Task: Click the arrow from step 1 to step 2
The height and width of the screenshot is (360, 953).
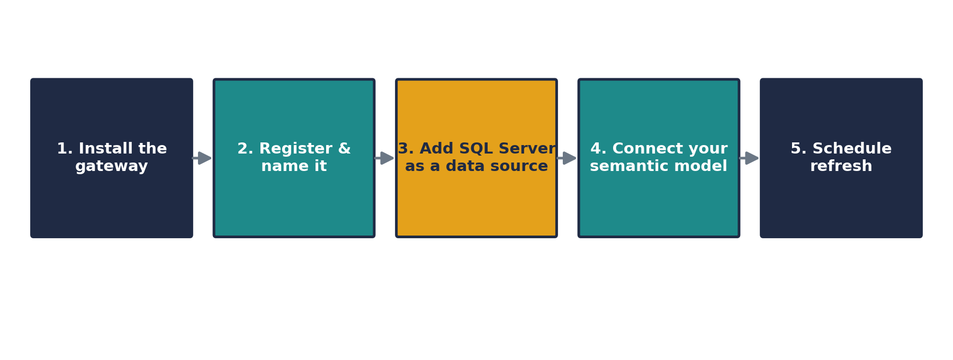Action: coord(202,158)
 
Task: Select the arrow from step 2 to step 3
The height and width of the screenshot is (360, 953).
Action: coord(384,158)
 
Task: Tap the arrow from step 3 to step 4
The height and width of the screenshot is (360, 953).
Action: coord(567,158)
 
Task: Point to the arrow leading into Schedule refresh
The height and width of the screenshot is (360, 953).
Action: coord(749,158)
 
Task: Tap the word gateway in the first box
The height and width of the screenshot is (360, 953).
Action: coord(112,167)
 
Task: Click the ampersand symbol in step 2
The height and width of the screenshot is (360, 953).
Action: coord(345,149)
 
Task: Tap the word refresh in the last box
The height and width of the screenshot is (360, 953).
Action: coord(841,166)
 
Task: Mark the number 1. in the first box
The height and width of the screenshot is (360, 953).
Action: coord(64,149)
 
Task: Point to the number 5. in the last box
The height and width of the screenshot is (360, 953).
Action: coord(798,149)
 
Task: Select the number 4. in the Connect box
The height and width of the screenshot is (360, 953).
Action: coord(598,149)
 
